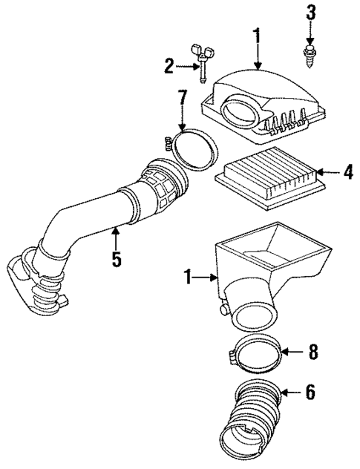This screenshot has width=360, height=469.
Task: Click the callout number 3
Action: click(x=311, y=12)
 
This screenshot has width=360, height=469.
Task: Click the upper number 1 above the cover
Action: click(x=258, y=34)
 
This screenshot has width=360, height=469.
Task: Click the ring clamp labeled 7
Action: click(x=194, y=149)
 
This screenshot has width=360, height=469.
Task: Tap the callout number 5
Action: click(x=115, y=260)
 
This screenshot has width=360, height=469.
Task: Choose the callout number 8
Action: click(x=313, y=352)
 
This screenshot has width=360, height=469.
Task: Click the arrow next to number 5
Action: click(x=115, y=239)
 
